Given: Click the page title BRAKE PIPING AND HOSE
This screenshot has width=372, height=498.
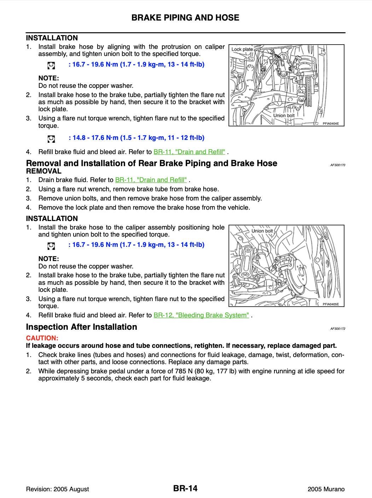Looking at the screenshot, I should pyautogui.click(x=185, y=18).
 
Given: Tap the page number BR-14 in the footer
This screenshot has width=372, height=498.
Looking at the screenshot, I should pyautogui.click(x=185, y=489).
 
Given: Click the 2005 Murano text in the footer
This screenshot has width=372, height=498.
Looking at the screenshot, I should pyautogui.click(x=326, y=489).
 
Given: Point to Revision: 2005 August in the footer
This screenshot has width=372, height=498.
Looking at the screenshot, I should pyautogui.click(x=58, y=489).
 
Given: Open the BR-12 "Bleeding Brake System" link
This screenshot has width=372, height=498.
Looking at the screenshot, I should pyautogui.click(x=201, y=315).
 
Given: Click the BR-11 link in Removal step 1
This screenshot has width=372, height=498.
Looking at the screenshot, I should pyautogui.click(x=151, y=180).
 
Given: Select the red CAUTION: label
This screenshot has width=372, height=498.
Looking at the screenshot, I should pyautogui.click(x=42, y=338).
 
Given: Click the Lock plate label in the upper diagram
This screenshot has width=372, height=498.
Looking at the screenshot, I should pyautogui.click(x=242, y=49).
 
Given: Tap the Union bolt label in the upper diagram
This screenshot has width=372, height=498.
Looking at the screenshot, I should pyautogui.click(x=284, y=115).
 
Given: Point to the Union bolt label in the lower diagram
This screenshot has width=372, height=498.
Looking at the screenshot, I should pyautogui.click(x=262, y=231).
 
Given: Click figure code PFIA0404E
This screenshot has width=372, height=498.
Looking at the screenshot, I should pyautogui.click(x=331, y=124).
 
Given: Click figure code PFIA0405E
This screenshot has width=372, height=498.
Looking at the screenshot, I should pyautogui.click(x=331, y=304).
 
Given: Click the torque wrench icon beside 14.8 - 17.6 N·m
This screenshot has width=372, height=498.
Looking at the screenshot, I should pyautogui.click(x=51, y=138).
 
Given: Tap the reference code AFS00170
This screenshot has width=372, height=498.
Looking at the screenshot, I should pyautogui.click(x=338, y=165).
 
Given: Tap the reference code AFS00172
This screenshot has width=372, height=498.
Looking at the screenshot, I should pyautogui.click(x=338, y=329).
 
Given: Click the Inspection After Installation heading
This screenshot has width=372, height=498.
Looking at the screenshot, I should pyautogui.click(x=82, y=327).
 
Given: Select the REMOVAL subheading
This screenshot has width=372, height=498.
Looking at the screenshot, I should pyautogui.click(x=44, y=171).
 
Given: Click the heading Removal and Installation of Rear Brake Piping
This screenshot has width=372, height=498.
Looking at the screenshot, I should pyautogui.click(x=152, y=163).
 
